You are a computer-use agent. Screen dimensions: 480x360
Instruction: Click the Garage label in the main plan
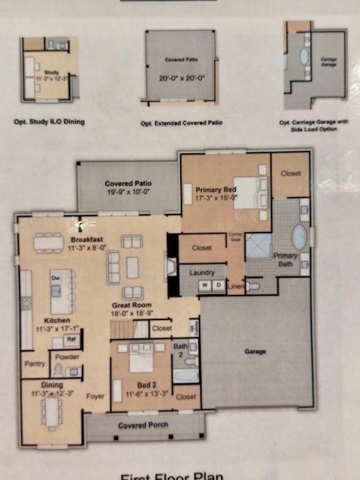[x=255, y=351]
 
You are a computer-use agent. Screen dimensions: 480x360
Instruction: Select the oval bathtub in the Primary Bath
[x=299, y=237]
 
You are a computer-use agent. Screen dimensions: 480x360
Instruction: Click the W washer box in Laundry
[x=205, y=285]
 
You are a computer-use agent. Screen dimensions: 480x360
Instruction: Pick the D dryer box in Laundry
[x=219, y=285]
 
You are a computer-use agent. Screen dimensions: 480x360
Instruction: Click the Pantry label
[x=35, y=363]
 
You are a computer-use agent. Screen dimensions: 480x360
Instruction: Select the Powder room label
[x=67, y=357]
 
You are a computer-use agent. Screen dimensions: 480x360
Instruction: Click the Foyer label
[x=95, y=396]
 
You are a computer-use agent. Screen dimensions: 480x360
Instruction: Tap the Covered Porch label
[x=143, y=425]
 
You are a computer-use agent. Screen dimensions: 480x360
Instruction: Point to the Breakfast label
[x=86, y=239]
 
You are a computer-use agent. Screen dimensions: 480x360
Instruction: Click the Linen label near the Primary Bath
[x=235, y=286]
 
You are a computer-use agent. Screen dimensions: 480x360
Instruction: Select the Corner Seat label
[x=235, y=236]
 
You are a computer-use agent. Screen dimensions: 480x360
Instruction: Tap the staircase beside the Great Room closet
[x=122, y=329]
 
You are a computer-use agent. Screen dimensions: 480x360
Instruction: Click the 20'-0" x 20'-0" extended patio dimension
[x=182, y=78]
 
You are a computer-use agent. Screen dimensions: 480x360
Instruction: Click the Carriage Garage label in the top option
[x=328, y=61]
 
